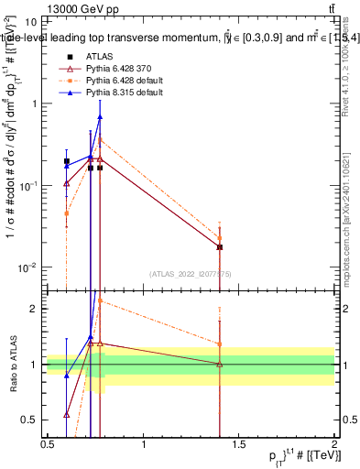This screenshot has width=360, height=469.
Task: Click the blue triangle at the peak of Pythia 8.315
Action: point(100,116)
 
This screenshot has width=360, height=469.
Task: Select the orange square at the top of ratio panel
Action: point(100,300)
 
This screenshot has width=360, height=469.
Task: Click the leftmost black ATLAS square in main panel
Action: point(66,161)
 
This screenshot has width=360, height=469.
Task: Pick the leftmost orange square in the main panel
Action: point(66,213)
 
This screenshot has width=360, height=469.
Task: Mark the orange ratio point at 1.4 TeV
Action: point(220,344)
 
